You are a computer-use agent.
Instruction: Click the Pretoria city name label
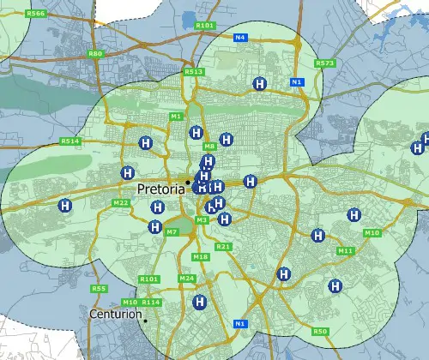[x=160, y=189]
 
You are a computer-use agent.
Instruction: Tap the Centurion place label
[x=116, y=315]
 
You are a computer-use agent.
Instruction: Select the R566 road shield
[x=36, y=14]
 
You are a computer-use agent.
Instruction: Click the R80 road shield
[x=95, y=53]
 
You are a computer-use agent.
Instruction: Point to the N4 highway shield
[x=240, y=38]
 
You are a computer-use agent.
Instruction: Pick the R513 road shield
[x=194, y=71]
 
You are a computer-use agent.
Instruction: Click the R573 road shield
[x=324, y=63]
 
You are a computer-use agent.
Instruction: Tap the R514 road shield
[x=70, y=141]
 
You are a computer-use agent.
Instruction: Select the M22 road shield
[x=121, y=202]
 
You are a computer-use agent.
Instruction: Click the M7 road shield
[x=172, y=231]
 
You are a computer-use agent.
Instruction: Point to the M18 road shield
[x=201, y=257]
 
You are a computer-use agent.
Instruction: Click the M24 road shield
[x=187, y=279]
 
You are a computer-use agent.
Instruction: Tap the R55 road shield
[x=99, y=289]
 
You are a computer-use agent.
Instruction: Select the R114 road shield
[x=152, y=303]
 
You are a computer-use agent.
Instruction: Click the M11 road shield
[x=345, y=250]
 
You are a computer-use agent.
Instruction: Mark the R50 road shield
[x=320, y=331]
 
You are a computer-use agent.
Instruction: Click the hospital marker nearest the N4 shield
[x=259, y=83]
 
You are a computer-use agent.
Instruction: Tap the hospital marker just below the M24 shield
[x=200, y=302]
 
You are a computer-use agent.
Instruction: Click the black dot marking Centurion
[x=146, y=321]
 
